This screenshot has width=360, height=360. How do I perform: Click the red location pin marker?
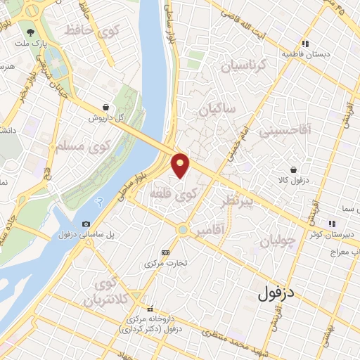click(181, 165)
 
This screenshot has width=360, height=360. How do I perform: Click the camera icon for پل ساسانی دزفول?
click(86, 224)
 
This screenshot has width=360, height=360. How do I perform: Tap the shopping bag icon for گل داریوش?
click(105, 108)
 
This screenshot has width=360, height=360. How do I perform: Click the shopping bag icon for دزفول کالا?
click(294, 169)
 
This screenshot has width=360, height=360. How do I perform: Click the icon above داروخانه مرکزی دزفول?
click(150, 309)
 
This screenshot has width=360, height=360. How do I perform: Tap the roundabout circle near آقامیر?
click(184, 229)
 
